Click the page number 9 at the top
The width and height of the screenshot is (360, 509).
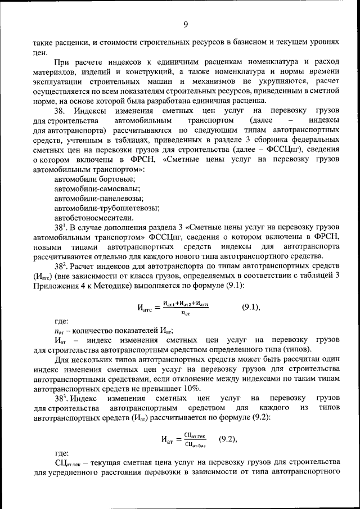coord(185,24)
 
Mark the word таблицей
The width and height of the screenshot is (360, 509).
coord(313,276)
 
